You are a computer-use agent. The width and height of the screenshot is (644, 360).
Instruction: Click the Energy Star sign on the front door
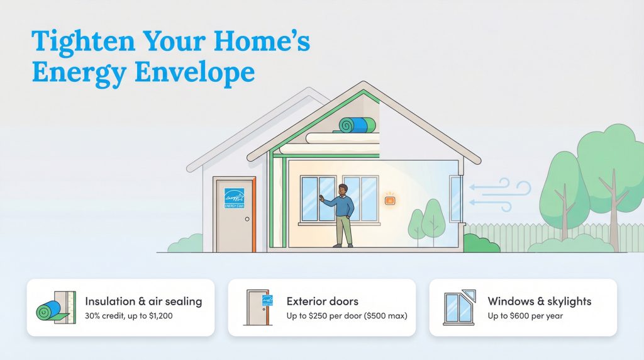[x=234, y=198]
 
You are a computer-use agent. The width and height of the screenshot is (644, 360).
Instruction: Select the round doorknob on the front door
[x=247, y=219]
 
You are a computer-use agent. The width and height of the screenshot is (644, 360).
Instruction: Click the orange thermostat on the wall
[x=390, y=200]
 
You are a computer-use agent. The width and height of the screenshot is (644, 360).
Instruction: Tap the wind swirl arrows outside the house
[x=500, y=191]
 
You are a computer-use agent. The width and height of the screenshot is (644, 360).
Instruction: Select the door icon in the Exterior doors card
[x=258, y=307]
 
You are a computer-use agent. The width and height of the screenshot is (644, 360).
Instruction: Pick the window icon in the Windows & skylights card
[x=459, y=307]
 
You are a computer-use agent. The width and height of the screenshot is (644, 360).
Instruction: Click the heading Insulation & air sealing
[x=143, y=301]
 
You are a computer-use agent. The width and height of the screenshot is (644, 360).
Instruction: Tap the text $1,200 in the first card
[x=158, y=315]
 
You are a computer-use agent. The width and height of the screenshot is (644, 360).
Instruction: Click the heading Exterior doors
[x=322, y=301]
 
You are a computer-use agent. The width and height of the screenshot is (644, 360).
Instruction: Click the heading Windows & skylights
[x=539, y=301]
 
